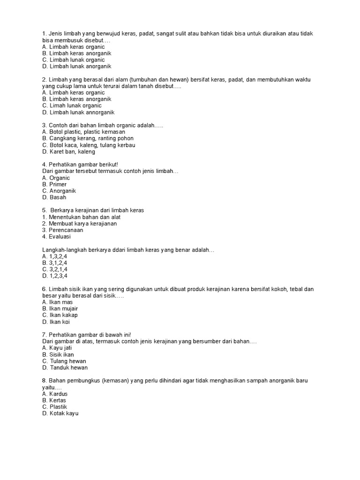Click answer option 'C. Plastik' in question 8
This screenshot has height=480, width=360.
pos(54,407)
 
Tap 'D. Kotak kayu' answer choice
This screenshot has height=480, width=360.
pos(60,413)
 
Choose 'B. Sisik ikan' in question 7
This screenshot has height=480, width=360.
pos(58,355)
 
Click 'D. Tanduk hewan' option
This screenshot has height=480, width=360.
pos(65,368)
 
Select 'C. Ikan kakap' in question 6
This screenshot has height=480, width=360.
pos(60,315)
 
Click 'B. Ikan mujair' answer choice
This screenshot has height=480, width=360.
pos(60,309)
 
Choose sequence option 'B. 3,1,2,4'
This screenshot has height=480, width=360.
pos(54,263)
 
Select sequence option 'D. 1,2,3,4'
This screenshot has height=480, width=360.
pos(54,276)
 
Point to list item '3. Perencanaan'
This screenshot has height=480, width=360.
pos(62,230)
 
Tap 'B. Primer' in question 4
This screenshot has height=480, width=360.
pos(54,185)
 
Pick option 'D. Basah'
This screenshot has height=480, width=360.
pos(54,198)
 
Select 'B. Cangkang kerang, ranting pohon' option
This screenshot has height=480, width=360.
pos(88,139)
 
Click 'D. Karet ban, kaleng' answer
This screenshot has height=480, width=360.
pos(68,152)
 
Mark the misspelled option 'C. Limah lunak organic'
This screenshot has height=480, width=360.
pos(72,106)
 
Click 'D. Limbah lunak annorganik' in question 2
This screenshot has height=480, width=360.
pos(78,112)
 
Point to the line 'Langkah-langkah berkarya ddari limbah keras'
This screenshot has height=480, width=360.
pos(128,250)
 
